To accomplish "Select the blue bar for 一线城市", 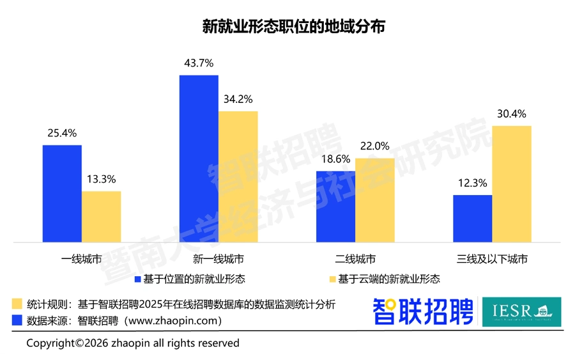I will (x=62, y=194).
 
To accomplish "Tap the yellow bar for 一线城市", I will (x=101, y=217).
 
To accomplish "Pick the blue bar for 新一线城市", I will (x=199, y=159).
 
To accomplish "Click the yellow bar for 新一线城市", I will (x=238, y=176).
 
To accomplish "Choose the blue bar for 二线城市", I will (x=335, y=207).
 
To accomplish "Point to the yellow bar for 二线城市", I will (x=374, y=200).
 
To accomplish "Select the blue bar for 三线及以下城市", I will (x=472, y=219).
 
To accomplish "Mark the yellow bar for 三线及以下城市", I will (x=511, y=184).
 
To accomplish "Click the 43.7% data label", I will (x=199, y=63).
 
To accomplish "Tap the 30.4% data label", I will (x=511, y=114).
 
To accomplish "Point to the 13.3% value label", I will (x=101, y=179).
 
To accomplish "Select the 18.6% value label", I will (x=335, y=159).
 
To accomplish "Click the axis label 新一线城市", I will (x=218, y=260).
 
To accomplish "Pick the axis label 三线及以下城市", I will (x=492, y=260).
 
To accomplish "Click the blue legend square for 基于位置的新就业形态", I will (x=138, y=279).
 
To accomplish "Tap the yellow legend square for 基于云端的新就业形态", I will (x=332, y=279).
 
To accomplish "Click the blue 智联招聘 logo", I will (x=423, y=311).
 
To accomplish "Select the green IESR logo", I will (x=521, y=311).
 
